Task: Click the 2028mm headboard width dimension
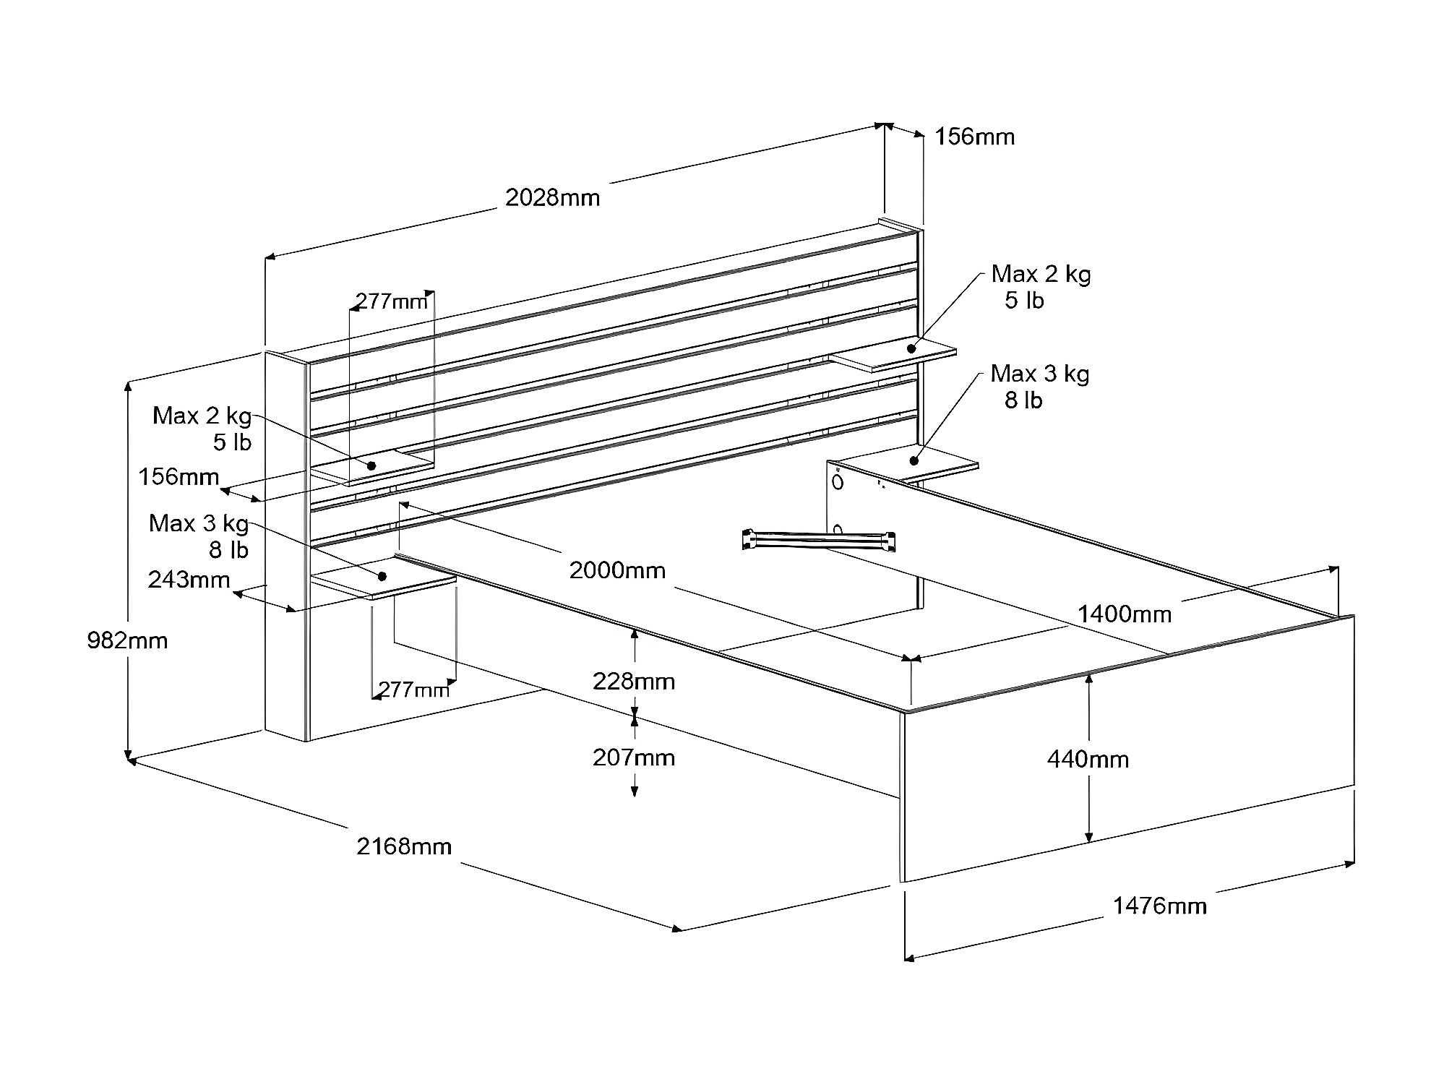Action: (x=552, y=197)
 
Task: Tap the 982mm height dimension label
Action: (x=127, y=640)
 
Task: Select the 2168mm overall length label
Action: (x=404, y=846)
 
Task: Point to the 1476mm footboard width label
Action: (x=1159, y=906)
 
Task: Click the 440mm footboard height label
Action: (x=1088, y=759)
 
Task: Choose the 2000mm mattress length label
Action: (x=616, y=570)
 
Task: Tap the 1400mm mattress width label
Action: (x=1125, y=614)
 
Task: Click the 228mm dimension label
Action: (x=634, y=681)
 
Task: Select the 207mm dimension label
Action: (x=634, y=757)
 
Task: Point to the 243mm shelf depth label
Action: (x=189, y=580)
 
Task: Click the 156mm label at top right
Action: (x=974, y=137)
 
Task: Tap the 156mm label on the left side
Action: (x=179, y=476)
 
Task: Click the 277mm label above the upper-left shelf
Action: (x=391, y=301)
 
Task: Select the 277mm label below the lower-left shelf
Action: (x=413, y=690)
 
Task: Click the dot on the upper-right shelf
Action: (x=912, y=348)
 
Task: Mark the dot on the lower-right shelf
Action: (x=914, y=460)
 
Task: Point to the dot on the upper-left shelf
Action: (x=372, y=465)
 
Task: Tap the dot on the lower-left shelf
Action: (x=382, y=576)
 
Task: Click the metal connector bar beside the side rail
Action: (x=819, y=540)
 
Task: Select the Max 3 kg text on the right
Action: (x=1039, y=374)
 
